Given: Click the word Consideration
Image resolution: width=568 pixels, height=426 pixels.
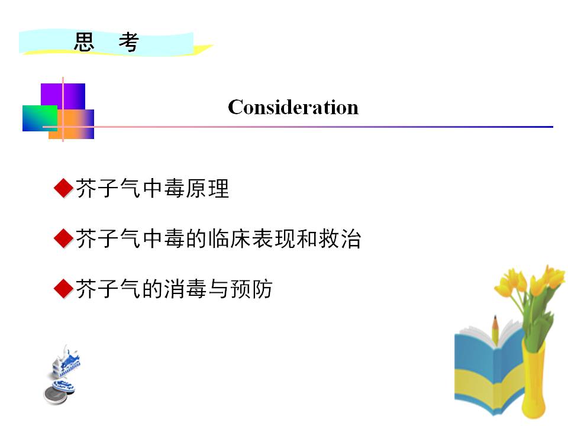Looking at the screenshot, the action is coord(293,107).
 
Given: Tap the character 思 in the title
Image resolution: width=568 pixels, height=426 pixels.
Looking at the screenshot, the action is coord(84,41).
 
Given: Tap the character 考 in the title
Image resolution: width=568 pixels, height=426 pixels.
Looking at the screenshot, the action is coord(129,42).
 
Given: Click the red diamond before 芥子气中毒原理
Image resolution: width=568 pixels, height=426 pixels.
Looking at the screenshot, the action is coord(64,188).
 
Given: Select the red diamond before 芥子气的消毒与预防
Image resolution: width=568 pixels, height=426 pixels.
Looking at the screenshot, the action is coord(64,289).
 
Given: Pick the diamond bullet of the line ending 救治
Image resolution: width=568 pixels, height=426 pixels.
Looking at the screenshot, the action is coord(64,238).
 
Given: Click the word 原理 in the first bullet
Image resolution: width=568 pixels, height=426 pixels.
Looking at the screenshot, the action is coord(208,188).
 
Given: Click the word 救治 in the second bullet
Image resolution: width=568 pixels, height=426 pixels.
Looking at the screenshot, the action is coord(340,238).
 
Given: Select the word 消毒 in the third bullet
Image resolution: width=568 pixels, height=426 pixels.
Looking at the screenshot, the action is coord(185,289).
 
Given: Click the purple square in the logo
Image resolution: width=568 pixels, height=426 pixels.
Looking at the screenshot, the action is coord(63,96).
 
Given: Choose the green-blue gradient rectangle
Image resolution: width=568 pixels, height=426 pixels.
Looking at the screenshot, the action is coord(40,118).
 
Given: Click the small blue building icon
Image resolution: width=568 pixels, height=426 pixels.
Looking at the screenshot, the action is coord(66,363).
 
